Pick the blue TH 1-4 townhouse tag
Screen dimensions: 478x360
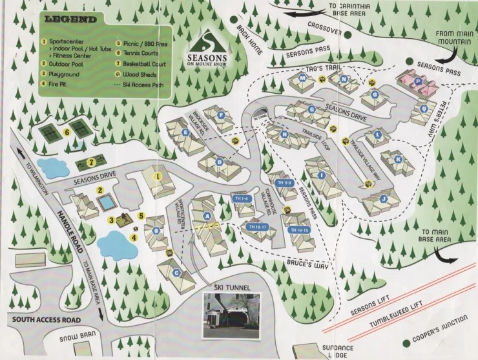coord(244,200)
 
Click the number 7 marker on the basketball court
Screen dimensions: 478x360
coord(92,162)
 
